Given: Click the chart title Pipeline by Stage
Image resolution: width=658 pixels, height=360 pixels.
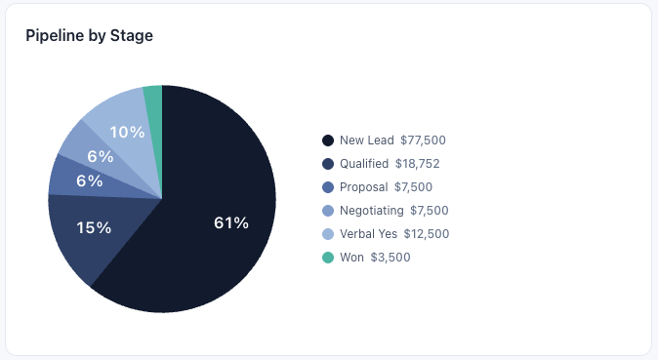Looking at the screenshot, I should coord(89,36).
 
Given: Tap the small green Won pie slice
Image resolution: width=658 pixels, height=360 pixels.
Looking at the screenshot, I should coord(153,95).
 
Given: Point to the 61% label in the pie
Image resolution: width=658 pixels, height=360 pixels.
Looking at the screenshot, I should coord(231,223).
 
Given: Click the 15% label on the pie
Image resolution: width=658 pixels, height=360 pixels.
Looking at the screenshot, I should coord(94,227).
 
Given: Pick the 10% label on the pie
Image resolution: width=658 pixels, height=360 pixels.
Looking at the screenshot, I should coord(127,132).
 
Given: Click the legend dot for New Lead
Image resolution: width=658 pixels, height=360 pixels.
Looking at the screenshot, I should coord(327,140).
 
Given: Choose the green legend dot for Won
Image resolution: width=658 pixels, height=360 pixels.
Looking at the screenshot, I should coord(327,258).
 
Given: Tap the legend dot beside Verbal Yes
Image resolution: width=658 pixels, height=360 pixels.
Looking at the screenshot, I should coord(327,234).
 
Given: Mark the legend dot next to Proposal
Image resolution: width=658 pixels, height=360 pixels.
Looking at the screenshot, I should coord(327,187).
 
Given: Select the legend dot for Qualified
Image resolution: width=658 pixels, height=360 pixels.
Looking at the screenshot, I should coord(327,164).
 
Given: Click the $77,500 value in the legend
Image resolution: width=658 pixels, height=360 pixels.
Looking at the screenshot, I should coord(423,140).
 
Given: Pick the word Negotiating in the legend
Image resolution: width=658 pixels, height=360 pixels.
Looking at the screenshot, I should coord(371,211).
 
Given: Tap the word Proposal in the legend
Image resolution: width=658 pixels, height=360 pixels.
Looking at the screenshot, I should coord(363,187).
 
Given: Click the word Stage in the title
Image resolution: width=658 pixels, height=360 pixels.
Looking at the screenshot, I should coord(133,36).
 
